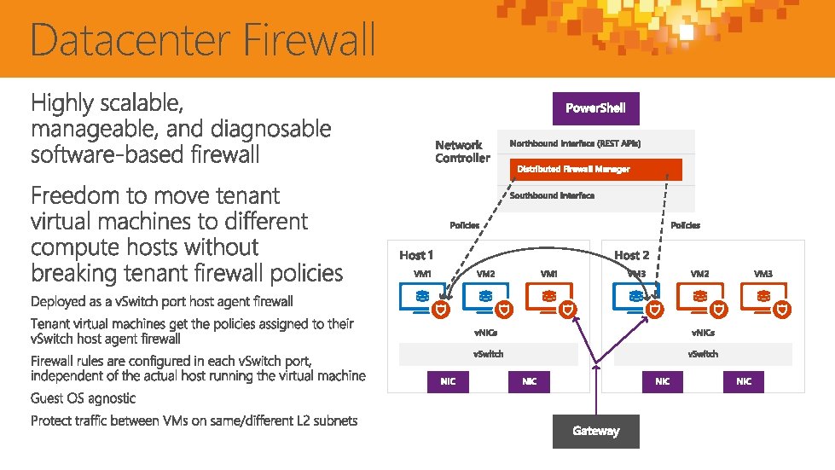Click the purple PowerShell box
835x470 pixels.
[595, 108]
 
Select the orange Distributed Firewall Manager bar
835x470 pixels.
[596, 169]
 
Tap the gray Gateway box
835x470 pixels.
[595, 431]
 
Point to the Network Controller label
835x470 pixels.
[462, 151]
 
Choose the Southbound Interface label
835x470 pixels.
[552, 195]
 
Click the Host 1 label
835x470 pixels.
[416, 255]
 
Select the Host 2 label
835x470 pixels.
[632, 255]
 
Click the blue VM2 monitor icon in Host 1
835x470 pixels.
[484, 297]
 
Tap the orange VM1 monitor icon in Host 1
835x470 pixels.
[548, 297]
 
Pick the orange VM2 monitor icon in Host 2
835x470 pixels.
[699, 297]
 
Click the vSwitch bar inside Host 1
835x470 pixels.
[489, 354]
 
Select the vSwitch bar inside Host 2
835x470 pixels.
[703, 354]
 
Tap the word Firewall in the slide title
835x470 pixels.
[310, 41]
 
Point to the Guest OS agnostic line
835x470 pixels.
[83, 398]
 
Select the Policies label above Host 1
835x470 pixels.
[464, 225]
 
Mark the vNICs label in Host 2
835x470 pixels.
[703, 333]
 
